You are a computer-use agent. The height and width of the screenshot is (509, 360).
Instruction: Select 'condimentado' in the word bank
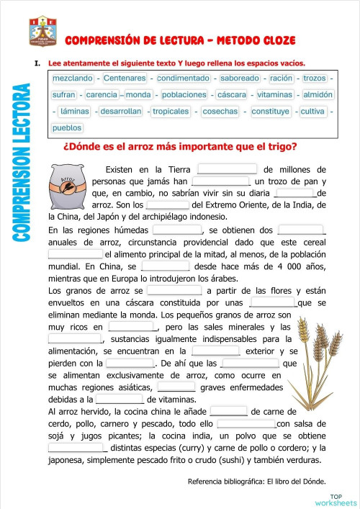[184, 77]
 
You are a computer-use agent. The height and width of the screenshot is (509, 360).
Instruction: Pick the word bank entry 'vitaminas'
[274, 94]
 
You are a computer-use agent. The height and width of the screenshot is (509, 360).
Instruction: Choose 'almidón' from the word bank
[318, 94]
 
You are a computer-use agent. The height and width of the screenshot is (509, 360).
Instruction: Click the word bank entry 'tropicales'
[171, 112]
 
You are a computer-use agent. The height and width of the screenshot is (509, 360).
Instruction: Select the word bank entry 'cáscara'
[232, 94]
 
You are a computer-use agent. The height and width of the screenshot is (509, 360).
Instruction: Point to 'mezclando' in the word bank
[73, 77]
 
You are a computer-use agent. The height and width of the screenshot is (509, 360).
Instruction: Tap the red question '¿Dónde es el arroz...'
[180, 148]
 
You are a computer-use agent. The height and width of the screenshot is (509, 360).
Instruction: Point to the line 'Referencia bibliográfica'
[256, 481]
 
